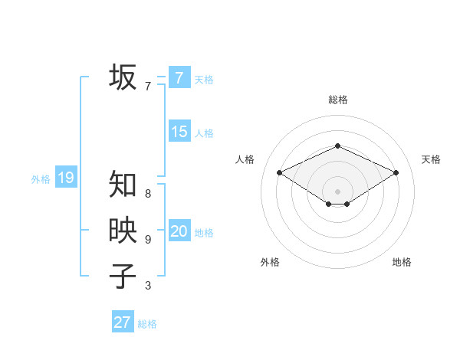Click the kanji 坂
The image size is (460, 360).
point(123,77)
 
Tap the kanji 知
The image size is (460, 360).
point(123,185)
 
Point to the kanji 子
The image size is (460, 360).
point(123,276)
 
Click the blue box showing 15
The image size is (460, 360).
point(179,132)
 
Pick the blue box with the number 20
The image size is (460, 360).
point(179,231)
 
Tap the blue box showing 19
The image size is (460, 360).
point(65,178)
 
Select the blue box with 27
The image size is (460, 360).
point(122,322)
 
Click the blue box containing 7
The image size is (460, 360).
point(179,77)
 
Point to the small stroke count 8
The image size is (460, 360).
point(148,194)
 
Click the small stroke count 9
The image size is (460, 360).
point(148,239)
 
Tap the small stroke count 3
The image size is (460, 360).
point(148,286)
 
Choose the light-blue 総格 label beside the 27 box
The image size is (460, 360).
point(147,324)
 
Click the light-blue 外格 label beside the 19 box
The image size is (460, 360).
point(41,179)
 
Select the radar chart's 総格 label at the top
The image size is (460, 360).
point(337,100)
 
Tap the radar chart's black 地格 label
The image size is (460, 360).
point(402,262)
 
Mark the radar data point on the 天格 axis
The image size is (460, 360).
point(396,173)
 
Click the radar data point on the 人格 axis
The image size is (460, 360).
point(279,173)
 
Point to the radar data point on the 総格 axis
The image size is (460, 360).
point(337,146)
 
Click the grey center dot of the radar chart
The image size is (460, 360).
point(337,191)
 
